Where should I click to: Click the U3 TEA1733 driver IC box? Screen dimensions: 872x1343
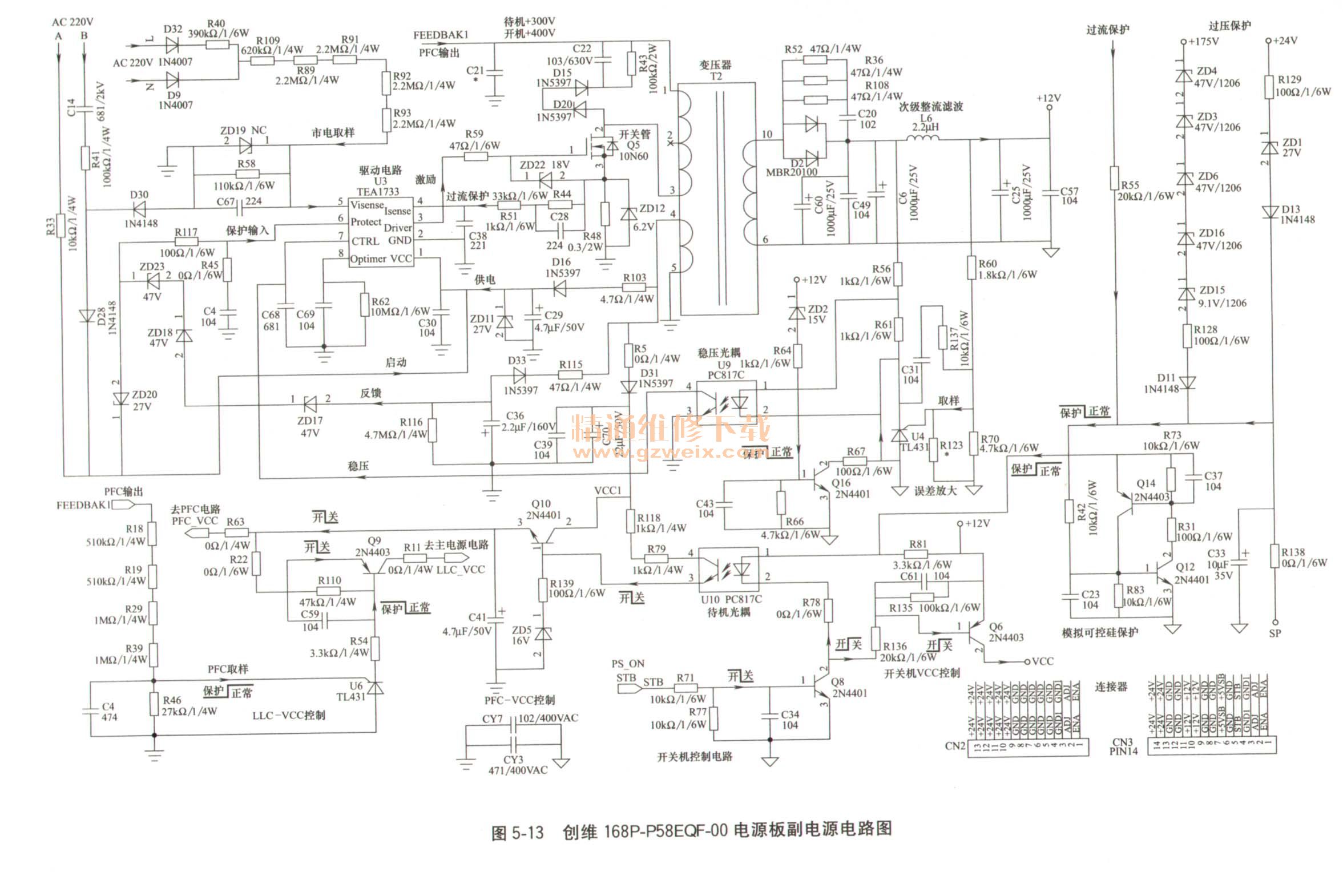click(381, 232)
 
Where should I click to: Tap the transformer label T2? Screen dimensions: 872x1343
click(716, 76)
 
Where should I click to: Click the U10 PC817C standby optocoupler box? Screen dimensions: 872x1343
click(728, 569)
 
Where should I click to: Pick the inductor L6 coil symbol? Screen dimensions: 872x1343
click(922, 139)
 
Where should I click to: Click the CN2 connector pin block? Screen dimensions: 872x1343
click(1027, 746)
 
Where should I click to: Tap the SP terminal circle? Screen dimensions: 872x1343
click(1274, 622)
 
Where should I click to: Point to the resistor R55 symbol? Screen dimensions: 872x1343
click(1114, 177)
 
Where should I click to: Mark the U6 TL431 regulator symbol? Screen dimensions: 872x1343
click(375, 688)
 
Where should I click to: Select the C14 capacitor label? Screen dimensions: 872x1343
click(71, 107)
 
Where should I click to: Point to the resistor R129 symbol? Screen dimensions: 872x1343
click(1269, 86)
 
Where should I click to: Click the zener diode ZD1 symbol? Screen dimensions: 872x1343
click(1269, 147)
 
